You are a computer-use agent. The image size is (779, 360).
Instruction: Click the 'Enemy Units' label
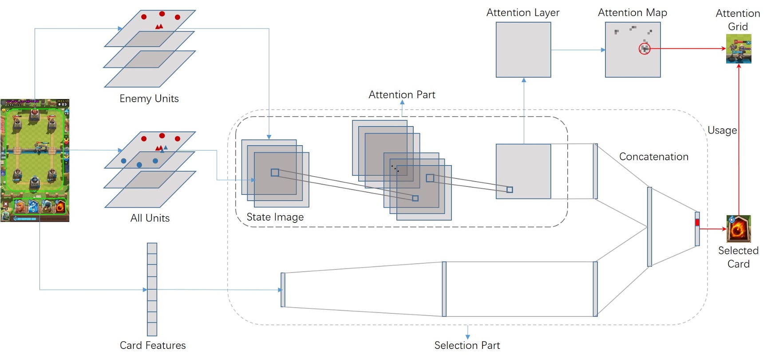coord(149,99)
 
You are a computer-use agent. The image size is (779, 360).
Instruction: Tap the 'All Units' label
coord(150,218)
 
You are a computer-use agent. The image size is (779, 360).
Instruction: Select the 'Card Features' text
coord(153,345)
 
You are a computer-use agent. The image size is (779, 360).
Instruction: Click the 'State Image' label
coord(275,217)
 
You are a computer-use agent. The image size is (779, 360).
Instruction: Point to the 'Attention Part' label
coord(402,95)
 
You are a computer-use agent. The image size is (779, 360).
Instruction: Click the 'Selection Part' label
coord(467,345)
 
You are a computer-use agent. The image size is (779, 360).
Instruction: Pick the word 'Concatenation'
coord(653,157)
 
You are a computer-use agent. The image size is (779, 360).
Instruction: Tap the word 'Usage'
coord(722,131)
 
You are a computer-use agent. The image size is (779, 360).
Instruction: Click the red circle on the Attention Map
coord(645,49)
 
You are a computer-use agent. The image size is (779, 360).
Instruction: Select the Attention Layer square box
coord(523,50)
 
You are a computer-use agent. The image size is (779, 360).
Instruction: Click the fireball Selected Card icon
coord(739,229)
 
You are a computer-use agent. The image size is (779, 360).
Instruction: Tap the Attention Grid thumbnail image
coord(739,49)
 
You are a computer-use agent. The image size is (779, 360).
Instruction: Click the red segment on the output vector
coord(697,222)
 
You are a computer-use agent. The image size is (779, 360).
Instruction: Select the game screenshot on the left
coord(35,160)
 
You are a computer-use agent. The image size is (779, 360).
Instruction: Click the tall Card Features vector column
coord(152,289)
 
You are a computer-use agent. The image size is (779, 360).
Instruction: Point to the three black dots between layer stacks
coord(395,169)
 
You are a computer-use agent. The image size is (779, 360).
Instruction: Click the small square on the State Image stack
coord(275,172)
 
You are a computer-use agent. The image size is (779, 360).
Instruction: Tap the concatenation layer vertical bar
coord(649,227)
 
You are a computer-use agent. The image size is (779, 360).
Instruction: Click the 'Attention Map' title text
coord(632,12)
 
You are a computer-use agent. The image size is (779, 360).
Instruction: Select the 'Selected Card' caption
coord(738,257)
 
